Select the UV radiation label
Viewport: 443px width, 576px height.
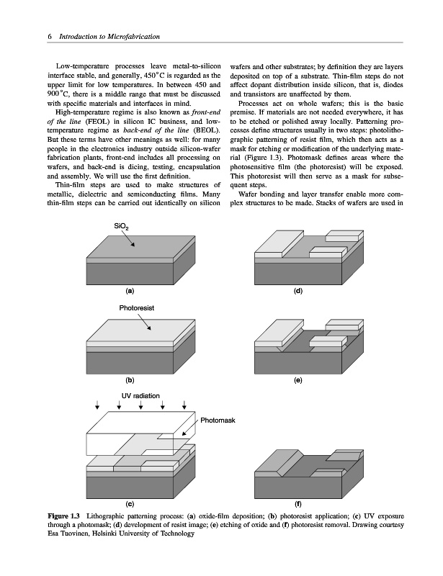point(140,395)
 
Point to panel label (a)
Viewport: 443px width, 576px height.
point(130,291)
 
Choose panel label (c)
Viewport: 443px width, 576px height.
point(130,503)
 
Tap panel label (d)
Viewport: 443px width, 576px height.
point(297,291)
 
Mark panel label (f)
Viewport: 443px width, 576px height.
point(297,503)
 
